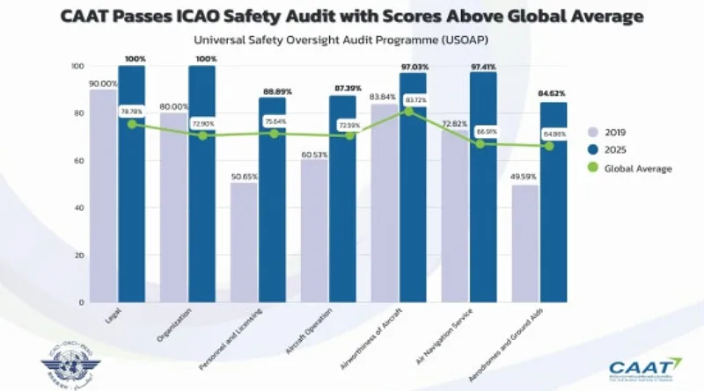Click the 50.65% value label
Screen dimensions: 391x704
click(x=245, y=175)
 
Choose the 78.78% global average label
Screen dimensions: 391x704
click(x=131, y=111)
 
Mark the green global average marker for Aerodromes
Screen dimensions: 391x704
click(x=550, y=146)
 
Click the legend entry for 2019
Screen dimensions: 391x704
click(x=617, y=132)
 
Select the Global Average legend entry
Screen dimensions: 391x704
click(x=632, y=169)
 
